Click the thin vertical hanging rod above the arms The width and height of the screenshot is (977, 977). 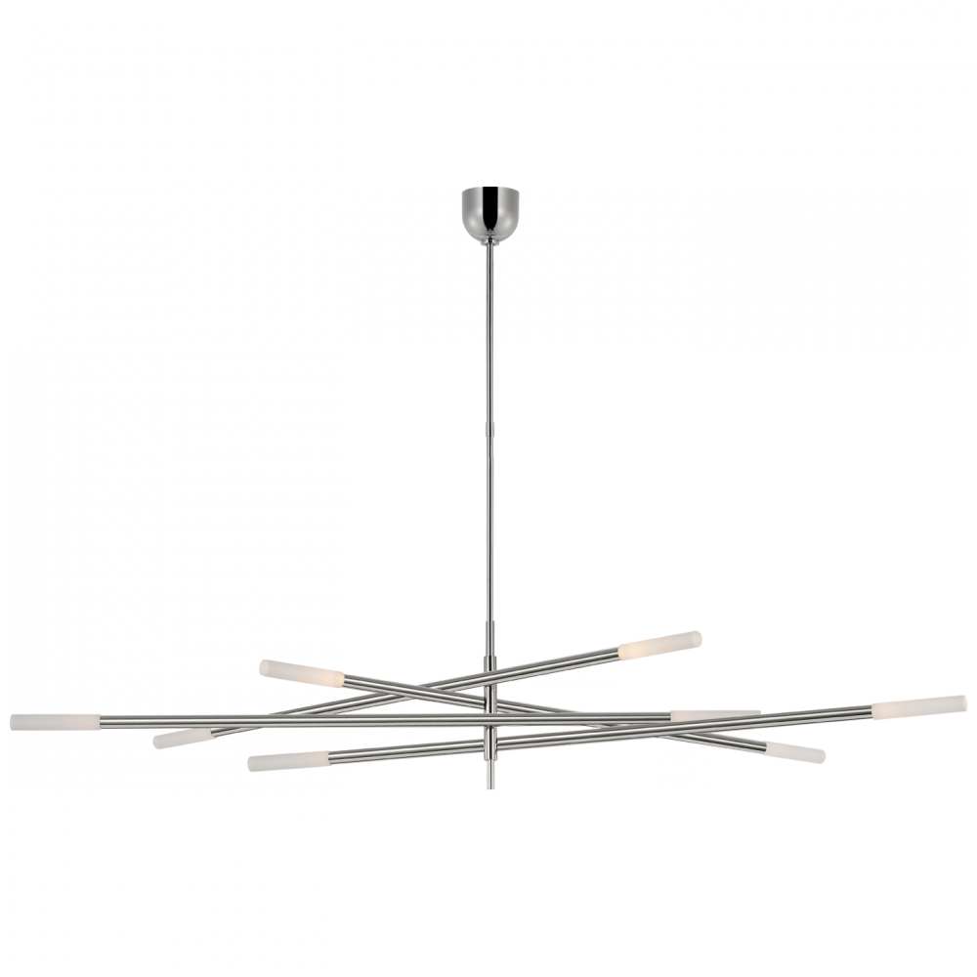[488, 440]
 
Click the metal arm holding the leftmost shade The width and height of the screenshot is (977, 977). [293, 720]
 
